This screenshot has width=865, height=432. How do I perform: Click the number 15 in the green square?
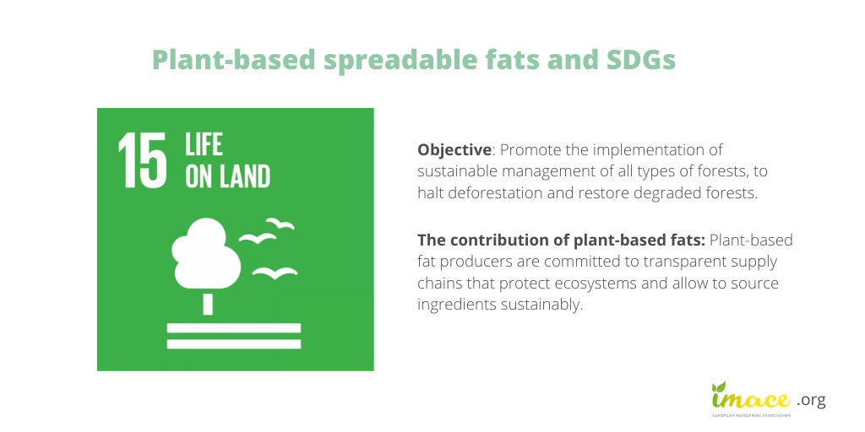[140, 159]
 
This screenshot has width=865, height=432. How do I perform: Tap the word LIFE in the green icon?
[204, 144]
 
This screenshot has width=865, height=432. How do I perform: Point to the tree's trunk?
[208, 301]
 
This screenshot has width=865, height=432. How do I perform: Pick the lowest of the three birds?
[275, 272]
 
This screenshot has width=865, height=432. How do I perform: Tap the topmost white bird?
[280, 224]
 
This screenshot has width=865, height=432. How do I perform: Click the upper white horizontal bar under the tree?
[234, 327]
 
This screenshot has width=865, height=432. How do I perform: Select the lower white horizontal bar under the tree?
[234, 343]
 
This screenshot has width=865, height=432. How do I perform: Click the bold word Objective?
[454, 149]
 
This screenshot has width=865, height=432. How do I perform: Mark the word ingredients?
[454, 305]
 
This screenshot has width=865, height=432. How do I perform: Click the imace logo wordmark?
[750, 397]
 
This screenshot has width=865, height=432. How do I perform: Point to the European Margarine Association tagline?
[750, 416]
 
